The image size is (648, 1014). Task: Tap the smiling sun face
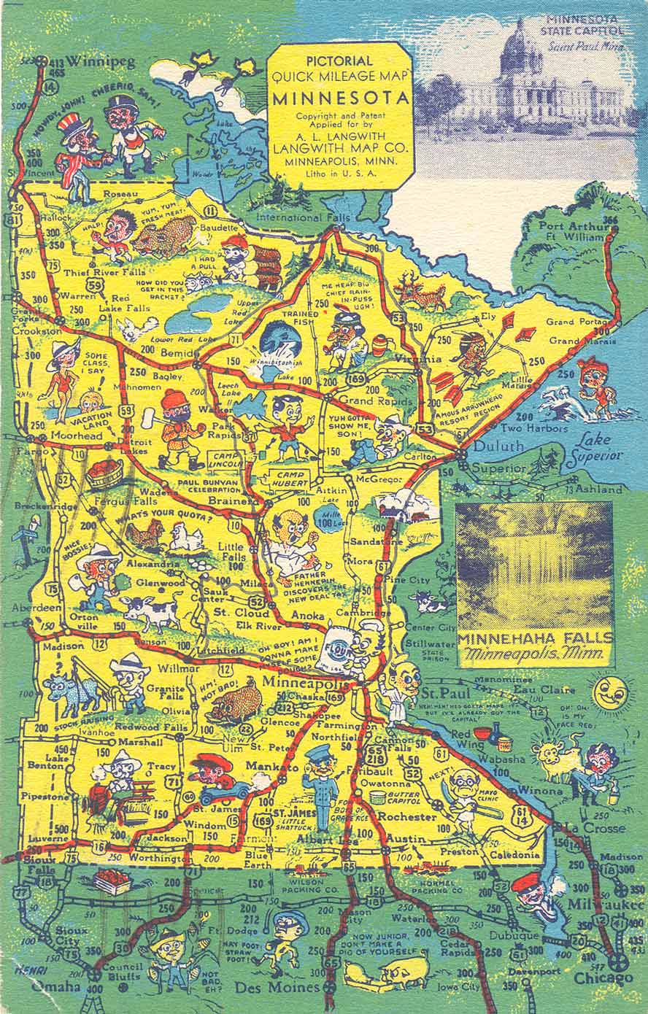click(x=607, y=692)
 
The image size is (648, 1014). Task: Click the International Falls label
click(x=303, y=217)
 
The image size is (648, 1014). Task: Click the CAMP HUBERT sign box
click(x=290, y=476)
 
